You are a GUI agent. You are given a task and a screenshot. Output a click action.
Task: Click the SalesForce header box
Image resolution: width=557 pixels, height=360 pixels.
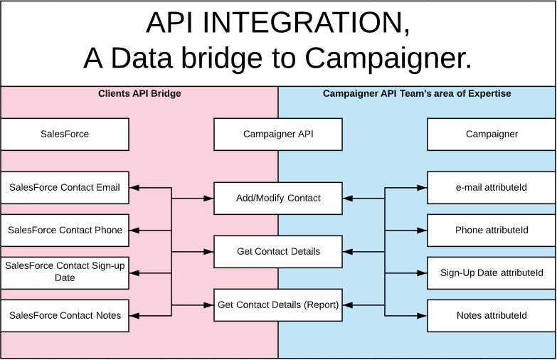[x=65, y=134]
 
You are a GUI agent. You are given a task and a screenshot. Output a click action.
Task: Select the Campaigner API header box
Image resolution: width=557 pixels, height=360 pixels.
[x=278, y=134]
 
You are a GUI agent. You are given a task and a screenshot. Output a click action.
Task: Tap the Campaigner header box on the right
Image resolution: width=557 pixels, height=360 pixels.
[x=492, y=134]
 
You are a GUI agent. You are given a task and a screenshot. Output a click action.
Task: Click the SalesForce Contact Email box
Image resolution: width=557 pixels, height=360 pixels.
[x=65, y=188]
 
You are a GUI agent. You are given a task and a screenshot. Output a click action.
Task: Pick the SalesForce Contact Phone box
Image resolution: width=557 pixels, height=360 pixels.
[x=65, y=231]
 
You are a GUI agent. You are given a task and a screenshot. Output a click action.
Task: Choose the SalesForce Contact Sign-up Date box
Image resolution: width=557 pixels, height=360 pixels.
[x=65, y=272]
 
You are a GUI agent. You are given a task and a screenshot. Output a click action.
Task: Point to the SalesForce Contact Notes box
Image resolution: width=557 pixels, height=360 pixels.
[x=65, y=315]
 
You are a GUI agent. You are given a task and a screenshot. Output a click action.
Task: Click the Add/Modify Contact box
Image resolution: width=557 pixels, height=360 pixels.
[x=278, y=198]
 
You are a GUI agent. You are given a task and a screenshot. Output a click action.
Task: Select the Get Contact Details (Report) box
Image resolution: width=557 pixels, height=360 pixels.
[x=278, y=305]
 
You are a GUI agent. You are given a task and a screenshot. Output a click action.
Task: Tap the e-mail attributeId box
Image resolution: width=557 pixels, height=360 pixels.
[x=492, y=188]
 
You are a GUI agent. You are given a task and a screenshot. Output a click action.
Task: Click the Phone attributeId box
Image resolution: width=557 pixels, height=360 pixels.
[x=492, y=231]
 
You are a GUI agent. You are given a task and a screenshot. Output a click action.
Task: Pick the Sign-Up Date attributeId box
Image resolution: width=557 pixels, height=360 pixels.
[x=492, y=272]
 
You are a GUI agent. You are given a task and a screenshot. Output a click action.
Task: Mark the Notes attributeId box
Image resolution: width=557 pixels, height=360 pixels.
[x=492, y=315]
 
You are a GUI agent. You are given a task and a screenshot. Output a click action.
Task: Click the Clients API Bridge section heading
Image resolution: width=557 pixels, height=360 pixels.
[x=139, y=93]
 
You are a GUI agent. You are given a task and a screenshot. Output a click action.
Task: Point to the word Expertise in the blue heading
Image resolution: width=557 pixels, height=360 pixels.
[x=488, y=93]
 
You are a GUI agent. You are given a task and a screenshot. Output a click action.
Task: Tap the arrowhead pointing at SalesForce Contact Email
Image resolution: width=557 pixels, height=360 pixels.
[x=134, y=188]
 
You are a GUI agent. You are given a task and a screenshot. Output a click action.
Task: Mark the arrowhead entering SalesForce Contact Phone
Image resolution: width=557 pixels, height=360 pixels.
[x=134, y=231]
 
